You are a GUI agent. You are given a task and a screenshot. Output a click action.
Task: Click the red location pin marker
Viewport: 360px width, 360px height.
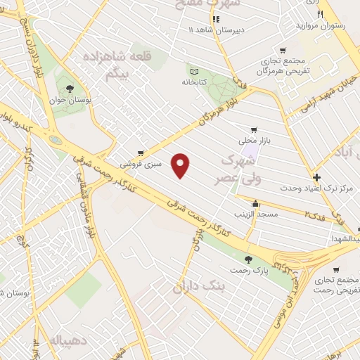point(182,165)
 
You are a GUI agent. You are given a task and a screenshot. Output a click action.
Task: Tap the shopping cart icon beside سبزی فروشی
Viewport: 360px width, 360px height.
point(141,153)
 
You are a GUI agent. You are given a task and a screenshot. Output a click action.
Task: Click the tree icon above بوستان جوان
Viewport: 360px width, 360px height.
point(70,89)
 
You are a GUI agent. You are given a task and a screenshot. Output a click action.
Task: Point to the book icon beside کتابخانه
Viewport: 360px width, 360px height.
point(195,70)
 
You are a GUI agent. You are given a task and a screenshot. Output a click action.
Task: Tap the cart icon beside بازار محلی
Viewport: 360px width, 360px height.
point(254,129)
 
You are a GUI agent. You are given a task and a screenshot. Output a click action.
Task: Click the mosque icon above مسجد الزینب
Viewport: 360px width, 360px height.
point(255,203)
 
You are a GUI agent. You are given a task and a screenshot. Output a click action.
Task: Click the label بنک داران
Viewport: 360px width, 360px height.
point(201,287)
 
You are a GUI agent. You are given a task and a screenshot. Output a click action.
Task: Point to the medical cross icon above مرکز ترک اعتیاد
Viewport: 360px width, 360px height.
point(317,178)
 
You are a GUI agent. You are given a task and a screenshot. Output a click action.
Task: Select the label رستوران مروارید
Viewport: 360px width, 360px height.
point(323,26)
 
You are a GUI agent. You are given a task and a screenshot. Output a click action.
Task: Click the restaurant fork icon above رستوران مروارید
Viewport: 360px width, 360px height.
point(321,14)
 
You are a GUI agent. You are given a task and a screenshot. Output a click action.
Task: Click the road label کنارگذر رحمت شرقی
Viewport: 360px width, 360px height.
point(195,212)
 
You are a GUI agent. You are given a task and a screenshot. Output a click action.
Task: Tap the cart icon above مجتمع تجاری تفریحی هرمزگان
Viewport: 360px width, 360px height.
point(283,51)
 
